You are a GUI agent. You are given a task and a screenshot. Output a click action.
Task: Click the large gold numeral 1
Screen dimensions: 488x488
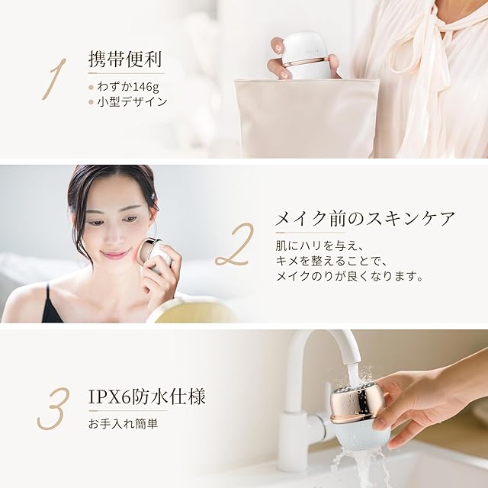54,79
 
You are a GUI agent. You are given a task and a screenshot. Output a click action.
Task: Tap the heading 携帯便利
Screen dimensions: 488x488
125,59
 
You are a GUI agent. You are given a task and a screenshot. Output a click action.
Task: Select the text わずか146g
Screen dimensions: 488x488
128,87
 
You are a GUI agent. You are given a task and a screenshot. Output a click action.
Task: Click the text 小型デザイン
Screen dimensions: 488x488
132,101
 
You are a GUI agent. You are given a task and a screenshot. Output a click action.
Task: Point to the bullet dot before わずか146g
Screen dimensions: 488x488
91,88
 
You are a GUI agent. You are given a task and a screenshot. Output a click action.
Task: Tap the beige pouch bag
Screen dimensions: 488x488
307,118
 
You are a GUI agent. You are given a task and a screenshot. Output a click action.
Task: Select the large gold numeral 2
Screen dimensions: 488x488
234,245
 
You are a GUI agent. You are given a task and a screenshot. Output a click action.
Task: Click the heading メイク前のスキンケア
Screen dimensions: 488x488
365,219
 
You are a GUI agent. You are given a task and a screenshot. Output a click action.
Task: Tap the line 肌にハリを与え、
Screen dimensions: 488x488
319,246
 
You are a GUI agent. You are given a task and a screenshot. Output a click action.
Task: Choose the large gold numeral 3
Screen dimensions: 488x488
51,409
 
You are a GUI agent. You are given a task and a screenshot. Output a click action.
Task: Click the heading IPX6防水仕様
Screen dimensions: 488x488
147,397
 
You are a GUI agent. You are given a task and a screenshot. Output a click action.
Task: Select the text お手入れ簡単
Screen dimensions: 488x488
124,424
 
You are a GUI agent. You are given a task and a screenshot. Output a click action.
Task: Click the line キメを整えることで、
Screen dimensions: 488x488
330,261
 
